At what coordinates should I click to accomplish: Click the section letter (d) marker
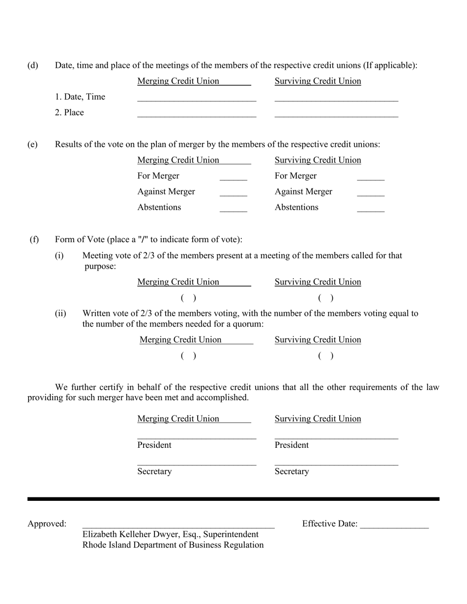[x=32, y=65]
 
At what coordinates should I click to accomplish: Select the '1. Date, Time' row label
[x=80, y=97]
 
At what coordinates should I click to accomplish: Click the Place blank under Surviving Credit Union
[x=336, y=114]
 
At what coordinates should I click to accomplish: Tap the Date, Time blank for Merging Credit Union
[x=197, y=99]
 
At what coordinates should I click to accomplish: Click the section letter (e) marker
[x=32, y=144]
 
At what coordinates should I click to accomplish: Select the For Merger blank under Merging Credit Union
[x=233, y=178]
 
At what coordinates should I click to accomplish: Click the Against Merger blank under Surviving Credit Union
[x=371, y=193]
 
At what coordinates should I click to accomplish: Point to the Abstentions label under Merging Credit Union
[x=159, y=207]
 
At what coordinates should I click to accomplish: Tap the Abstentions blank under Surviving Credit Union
[x=371, y=209]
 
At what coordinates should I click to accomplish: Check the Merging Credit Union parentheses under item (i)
[x=188, y=298]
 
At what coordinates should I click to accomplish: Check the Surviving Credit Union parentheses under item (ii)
[x=325, y=356]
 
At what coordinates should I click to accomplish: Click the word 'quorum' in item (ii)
[x=247, y=324]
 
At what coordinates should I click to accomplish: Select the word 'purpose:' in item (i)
[x=100, y=266]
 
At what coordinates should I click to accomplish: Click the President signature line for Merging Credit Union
[x=197, y=437]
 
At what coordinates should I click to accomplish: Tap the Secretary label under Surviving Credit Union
[x=292, y=471]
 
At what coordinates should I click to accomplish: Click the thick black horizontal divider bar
[x=233, y=499]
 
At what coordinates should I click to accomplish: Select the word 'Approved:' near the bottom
[x=47, y=524]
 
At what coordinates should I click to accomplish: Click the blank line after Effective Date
[x=394, y=526]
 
